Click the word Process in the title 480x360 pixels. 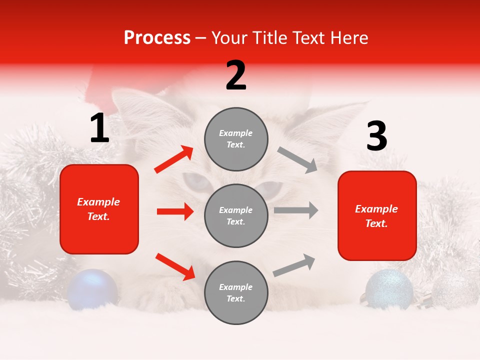point(157,37)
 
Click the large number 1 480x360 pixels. point(99,128)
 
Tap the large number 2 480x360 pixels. point(236,75)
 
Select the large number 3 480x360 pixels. point(376,136)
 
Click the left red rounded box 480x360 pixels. point(99,209)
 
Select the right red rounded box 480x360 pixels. point(377,216)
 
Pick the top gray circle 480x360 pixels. point(236,139)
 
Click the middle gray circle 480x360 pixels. point(236,216)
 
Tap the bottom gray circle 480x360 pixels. point(236,293)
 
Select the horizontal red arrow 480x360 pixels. point(175,211)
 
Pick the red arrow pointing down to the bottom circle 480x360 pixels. point(175,266)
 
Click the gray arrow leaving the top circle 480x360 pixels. point(297,159)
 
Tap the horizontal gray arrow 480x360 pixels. point(295,210)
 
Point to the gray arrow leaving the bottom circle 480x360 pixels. point(294,265)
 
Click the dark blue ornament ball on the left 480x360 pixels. point(92,288)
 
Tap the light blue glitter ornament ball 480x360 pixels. point(389,288)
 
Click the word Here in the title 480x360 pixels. point(349,37)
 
